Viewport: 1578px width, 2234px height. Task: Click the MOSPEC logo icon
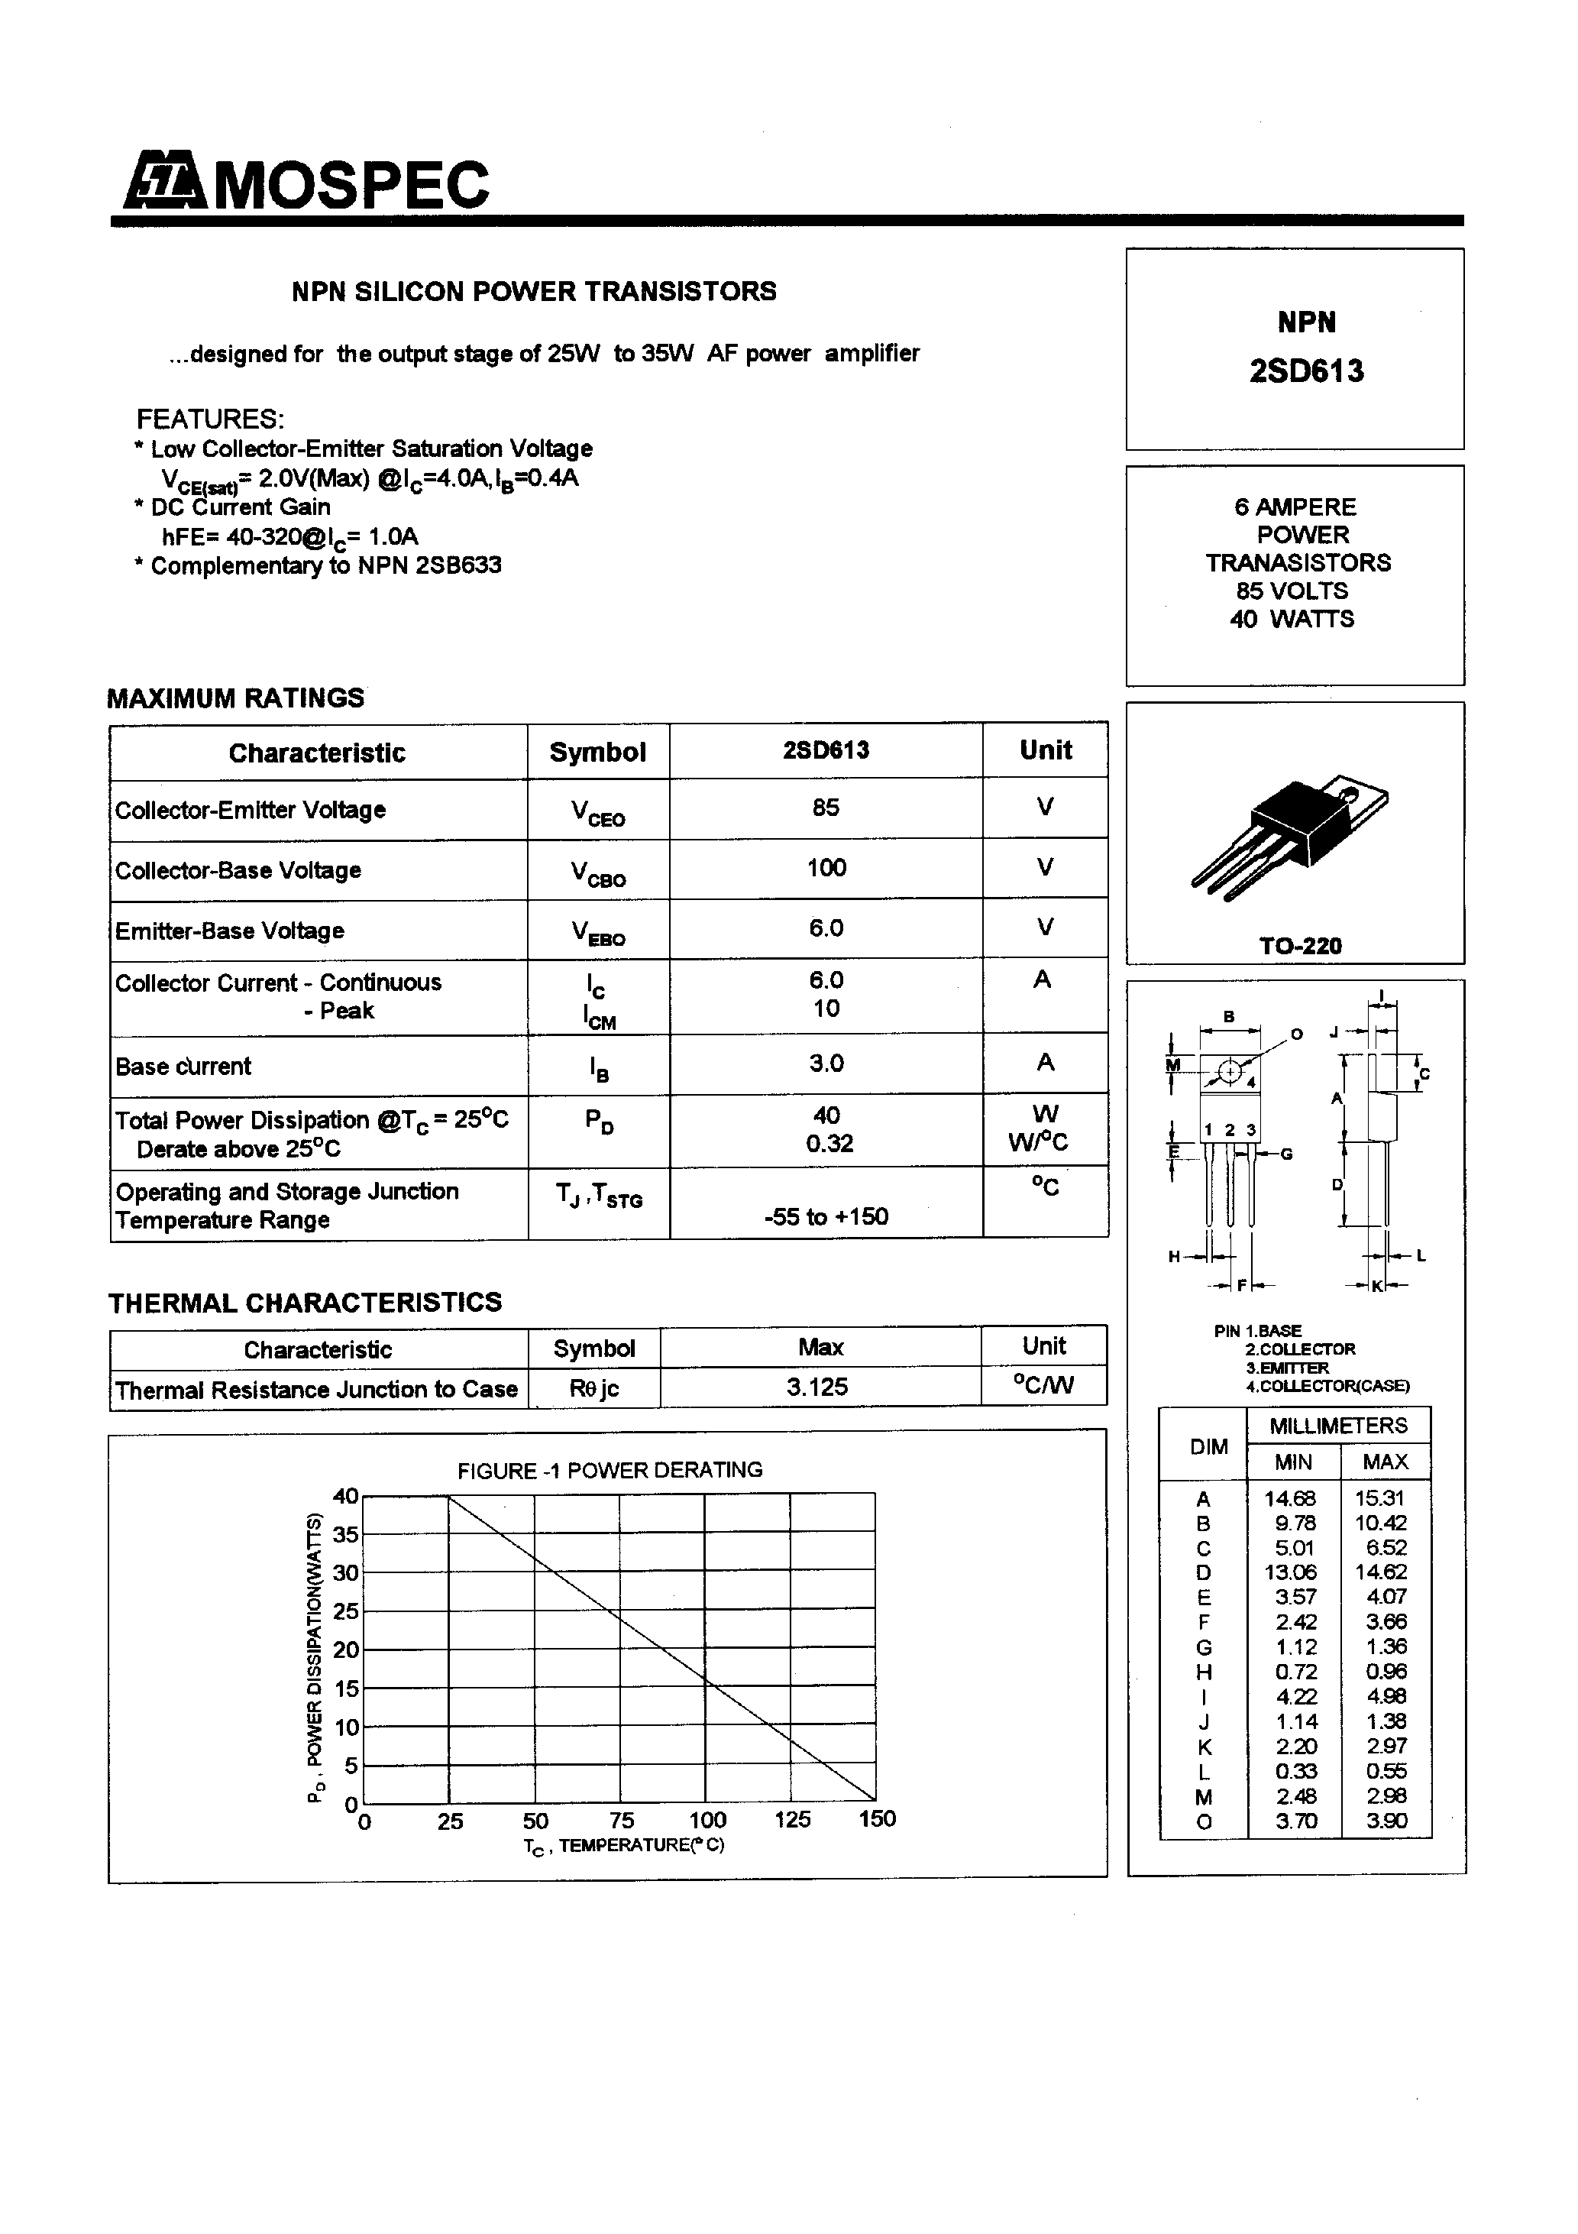click(x=164, y=182)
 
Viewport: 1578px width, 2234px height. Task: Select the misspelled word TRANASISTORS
click(x=1298, y=563)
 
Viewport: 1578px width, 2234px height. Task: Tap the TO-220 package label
click(x=1300, y=946)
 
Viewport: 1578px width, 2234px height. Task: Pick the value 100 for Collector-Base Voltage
click(x=826, y=868)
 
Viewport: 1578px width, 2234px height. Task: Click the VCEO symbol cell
click(x=597, y=812)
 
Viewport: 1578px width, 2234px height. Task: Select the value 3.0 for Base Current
click(x=826, y=1064)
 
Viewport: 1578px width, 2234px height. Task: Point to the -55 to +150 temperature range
click(x=826, y=1216)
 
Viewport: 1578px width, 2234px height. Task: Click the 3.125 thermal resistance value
click(x=817, y=1387)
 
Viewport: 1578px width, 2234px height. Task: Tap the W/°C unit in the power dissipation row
click(x=1038, y=1142)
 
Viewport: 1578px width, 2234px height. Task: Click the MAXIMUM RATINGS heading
click(x=235, y=698)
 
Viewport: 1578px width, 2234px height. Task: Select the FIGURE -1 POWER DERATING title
click(x=610, y=1470)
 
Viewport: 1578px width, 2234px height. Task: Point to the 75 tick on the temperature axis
click(x=622, y=1819)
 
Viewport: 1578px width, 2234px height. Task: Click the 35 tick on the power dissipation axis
click(x=345, y=1534)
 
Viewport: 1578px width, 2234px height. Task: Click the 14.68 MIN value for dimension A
click(x=1290, y=1498)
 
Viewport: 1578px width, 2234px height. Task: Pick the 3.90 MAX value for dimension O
click(x=1386, y=1821)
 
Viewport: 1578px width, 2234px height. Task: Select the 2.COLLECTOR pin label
click(x=1300, y=1349)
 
